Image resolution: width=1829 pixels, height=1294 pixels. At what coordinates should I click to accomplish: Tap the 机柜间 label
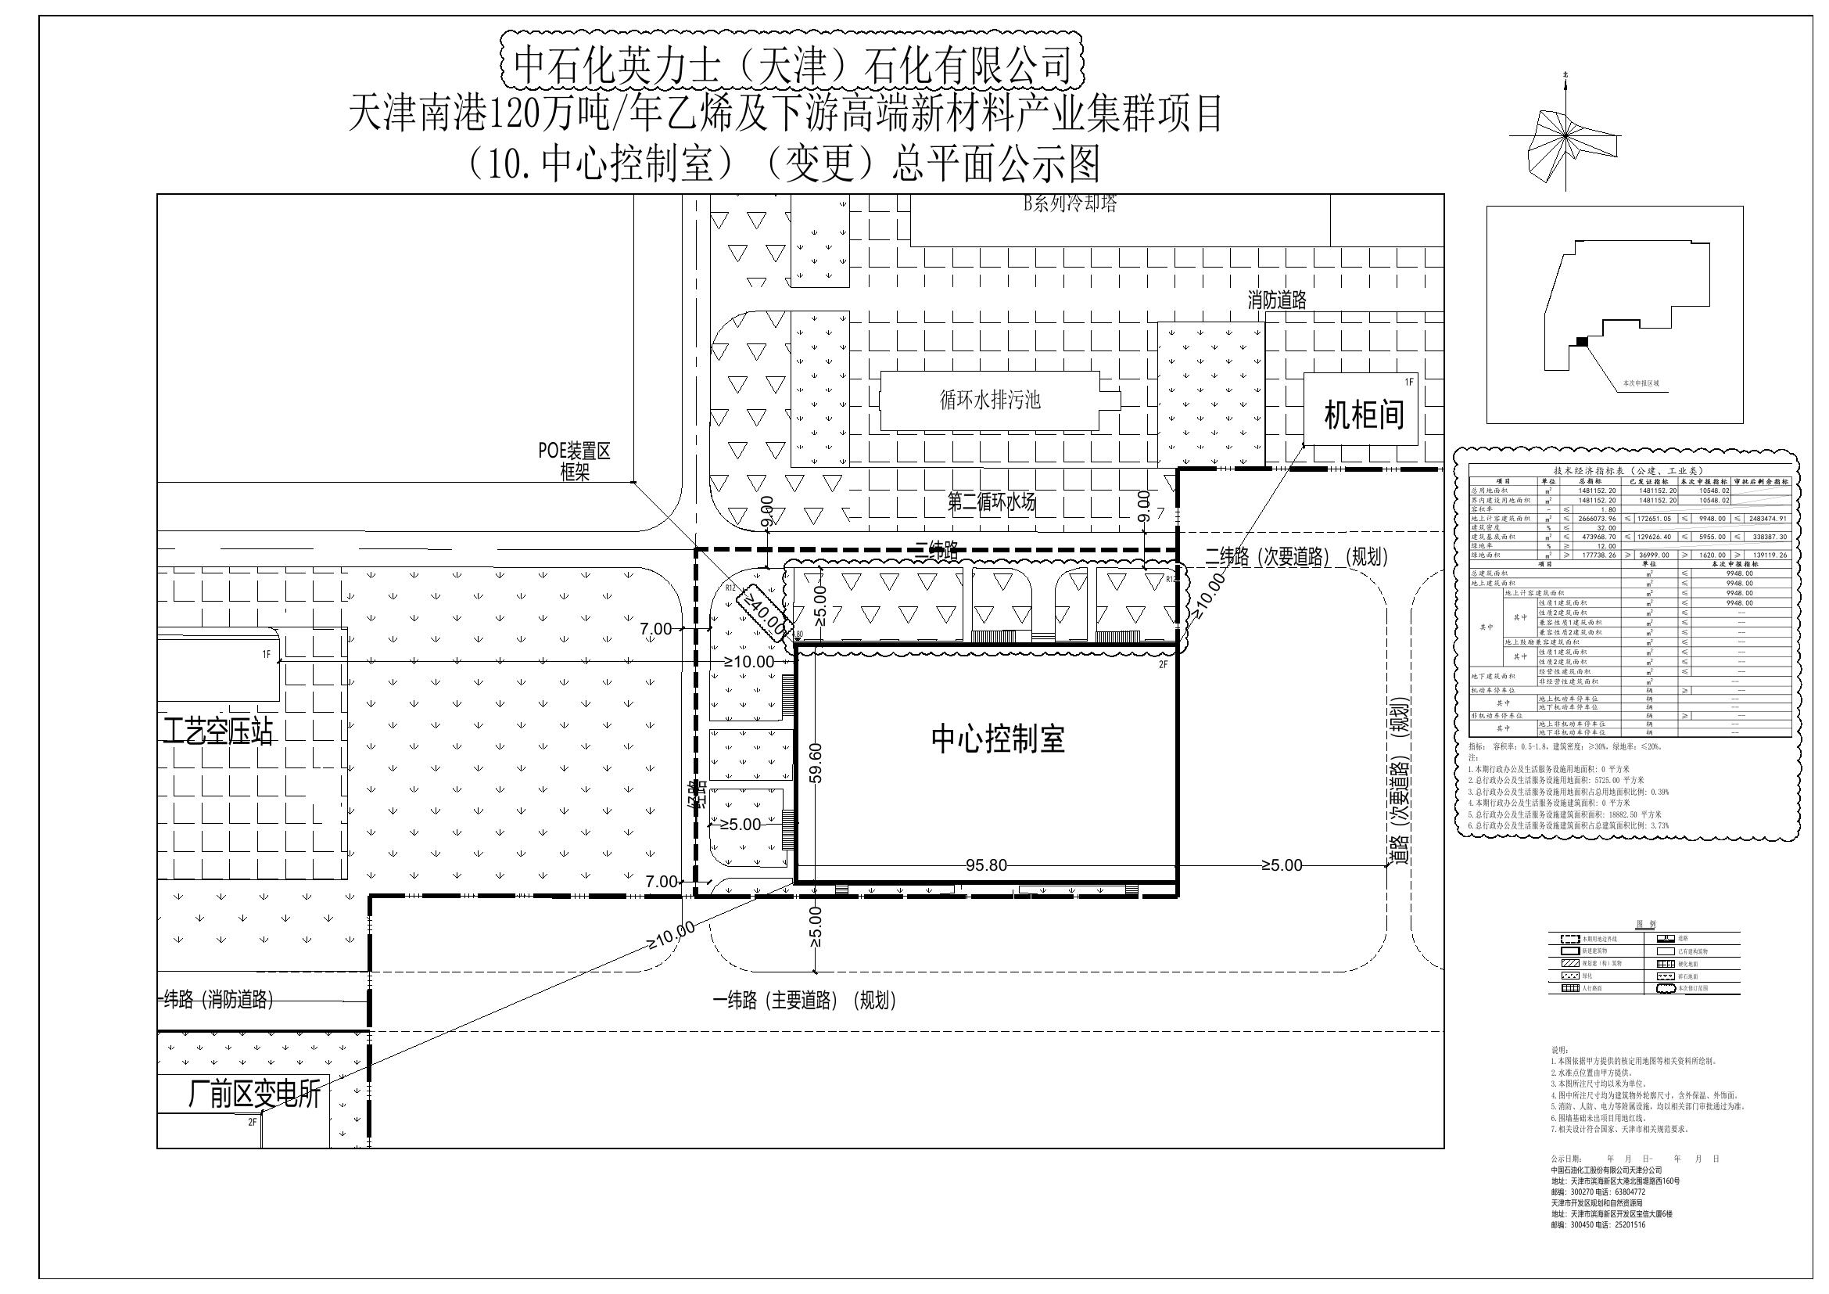pos(1364,415)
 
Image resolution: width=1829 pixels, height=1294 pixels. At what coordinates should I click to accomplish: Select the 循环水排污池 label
pos(990,399)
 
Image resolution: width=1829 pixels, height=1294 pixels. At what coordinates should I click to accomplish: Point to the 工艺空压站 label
pos(217,731)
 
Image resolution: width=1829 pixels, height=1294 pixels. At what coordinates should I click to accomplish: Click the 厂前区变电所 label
pos(253,1095)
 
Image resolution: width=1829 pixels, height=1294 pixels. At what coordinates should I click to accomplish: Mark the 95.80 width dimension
pos(986,865)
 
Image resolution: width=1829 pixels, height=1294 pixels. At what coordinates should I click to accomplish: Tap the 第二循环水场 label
pos(991,502)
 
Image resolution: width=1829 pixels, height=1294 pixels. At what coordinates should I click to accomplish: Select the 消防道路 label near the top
pos(1277,300)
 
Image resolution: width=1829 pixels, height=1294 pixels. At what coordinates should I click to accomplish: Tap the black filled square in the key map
pos(1582,341)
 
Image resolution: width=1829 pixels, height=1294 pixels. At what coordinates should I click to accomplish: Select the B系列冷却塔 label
pos(1070,203)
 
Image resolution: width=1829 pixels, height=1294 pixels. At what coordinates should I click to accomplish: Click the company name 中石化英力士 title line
pos(792,63)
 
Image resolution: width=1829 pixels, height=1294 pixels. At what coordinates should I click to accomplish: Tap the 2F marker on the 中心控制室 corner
pos(1163,664)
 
